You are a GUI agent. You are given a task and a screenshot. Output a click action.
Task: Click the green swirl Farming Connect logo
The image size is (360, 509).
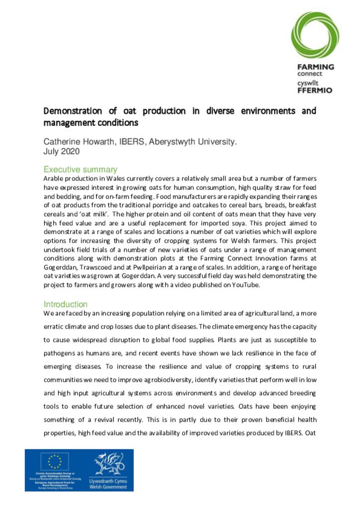315,35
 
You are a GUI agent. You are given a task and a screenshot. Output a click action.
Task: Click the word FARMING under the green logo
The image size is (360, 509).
315,67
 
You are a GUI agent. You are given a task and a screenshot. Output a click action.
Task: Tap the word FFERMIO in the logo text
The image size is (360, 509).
315,90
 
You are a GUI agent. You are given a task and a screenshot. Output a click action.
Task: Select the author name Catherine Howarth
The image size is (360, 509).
80,142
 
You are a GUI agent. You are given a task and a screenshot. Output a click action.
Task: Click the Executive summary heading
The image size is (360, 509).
80,170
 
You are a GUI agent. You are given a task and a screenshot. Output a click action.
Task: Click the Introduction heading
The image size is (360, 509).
65,304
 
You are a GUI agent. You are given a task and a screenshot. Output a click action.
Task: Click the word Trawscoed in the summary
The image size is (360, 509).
95,267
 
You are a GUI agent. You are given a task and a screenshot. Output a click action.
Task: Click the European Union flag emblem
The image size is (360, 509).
55,462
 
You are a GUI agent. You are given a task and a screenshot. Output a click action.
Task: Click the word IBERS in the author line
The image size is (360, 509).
131,142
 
